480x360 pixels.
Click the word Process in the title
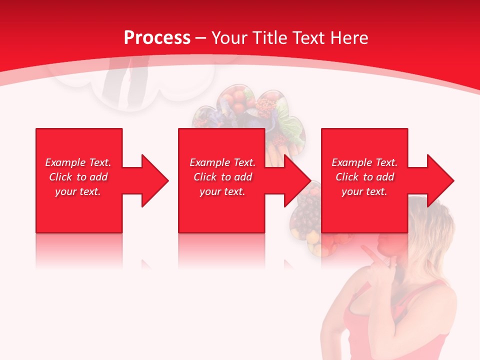point(157,38)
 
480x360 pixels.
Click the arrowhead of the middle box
point(297,180)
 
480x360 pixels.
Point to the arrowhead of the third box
point(440,180)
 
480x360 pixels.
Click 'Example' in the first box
point(65,162)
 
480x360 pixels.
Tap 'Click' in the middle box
point(204,177)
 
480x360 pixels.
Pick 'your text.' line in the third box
point(364,191)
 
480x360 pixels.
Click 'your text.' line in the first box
point(78,191)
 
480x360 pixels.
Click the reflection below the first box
point(78,250)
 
